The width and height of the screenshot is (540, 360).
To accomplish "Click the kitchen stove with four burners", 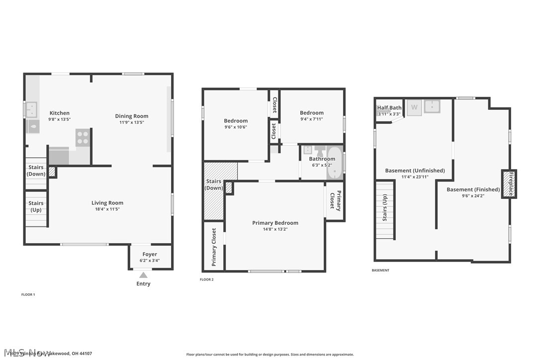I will click(83, 138).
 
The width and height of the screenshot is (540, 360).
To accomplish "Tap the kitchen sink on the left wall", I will click(31, 109).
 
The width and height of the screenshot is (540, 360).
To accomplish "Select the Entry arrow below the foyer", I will click(143, 275).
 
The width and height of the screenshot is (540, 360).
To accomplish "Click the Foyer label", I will click(150, 255).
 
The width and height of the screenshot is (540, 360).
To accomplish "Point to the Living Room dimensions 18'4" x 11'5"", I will click(107, 209).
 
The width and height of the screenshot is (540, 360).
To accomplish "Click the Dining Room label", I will click(132, 116).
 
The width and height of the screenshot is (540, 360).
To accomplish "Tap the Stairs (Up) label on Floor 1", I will click(36, 206).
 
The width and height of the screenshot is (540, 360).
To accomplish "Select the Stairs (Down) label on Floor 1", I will click(36, 171).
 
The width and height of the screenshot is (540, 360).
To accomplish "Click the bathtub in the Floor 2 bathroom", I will click(335, 163).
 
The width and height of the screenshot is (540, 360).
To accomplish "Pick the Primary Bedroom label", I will click(275, 223).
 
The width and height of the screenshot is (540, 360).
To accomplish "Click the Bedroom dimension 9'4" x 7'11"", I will click(312, 119).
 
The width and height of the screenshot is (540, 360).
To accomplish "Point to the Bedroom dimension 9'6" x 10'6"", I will click(235, 127).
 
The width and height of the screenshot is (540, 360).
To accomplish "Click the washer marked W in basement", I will click(414, 107).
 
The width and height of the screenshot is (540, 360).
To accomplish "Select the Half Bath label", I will click(389, 108).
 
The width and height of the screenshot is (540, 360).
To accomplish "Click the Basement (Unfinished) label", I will click(415, 171).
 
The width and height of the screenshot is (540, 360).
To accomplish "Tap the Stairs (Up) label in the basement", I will click(385, 207).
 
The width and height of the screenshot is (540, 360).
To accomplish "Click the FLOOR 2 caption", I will click(207, 279).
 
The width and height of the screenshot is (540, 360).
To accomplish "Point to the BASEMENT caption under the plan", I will click(380, 270).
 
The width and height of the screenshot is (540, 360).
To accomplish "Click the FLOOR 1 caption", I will click(28, 294).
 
